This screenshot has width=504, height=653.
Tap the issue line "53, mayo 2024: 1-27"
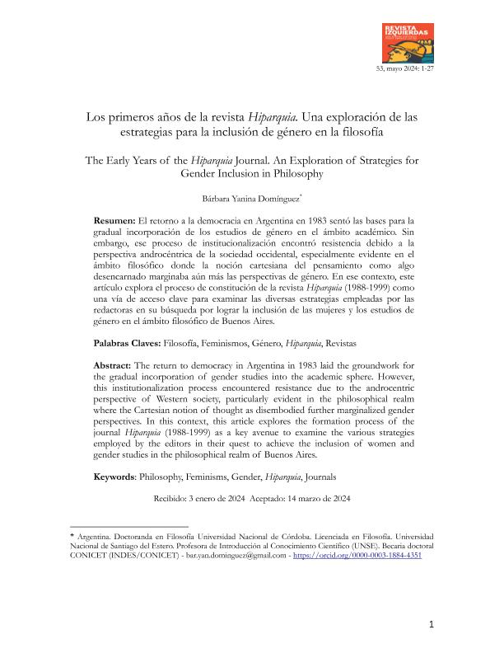click(x=404, y=68)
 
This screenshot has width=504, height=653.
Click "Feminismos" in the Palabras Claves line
click(x=246, y=341)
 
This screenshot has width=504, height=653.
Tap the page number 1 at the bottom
click(x=431, y=624)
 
